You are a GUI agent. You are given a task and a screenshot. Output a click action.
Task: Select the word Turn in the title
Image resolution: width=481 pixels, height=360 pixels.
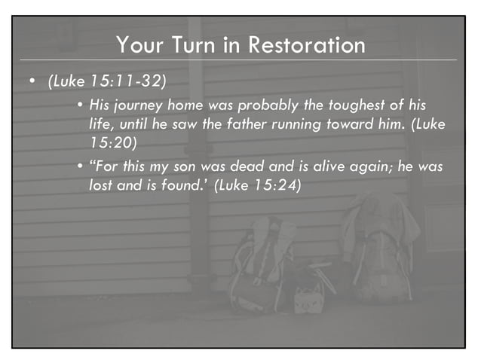193,45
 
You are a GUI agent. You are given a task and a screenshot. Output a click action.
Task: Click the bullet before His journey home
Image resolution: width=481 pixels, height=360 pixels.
80,103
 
